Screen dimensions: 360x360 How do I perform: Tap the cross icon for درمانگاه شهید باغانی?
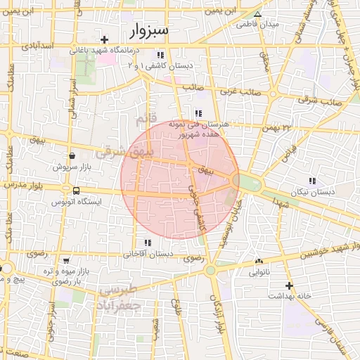(x=105, y=39)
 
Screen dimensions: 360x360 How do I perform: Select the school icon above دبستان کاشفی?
(x=160, y=54)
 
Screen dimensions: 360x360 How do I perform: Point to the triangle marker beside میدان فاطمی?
(x=257, y=13)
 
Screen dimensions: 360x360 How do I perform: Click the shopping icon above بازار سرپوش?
(x=72, y=155)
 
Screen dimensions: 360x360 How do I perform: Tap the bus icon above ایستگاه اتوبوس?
(x=76, y=191)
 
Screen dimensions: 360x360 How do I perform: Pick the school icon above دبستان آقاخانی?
(x=147, y=243)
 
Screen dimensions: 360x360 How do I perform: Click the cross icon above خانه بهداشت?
(x=288, y=285)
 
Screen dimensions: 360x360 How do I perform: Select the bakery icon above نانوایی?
(x=259, y=259)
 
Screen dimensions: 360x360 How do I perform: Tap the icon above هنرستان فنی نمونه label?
(x=199, y=113)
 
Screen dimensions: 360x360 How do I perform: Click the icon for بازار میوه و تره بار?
(x=65, y=260)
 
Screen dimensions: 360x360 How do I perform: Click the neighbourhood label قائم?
(x=143, y=122)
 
